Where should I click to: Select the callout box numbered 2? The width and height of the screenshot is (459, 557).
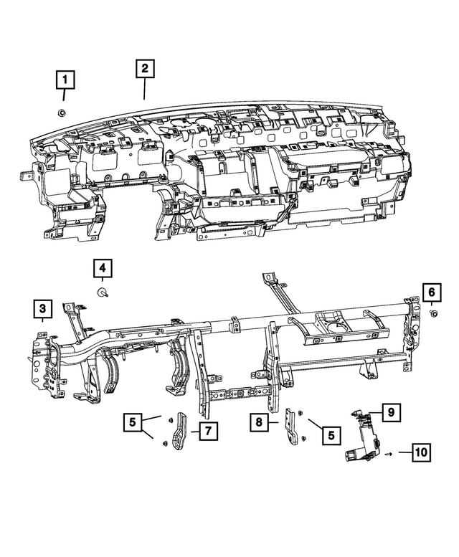pyautogui.click(x=144, y=69)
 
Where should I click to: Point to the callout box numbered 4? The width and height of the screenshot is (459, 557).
pyautogui.click(x=103, y=269)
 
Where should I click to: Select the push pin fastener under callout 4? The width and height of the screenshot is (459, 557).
pyautogui.click(x=103, y=292)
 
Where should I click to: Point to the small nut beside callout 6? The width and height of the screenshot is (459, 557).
pyautogui.click(x=434, y=313)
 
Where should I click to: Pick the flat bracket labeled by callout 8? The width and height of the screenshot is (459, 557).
pyautogui.click(x=293, y=427)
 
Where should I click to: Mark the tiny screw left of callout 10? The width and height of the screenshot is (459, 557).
pyautogui.click(x=387, y=453)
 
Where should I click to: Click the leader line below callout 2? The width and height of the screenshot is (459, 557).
pyautogui.click(x=144, y=89)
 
